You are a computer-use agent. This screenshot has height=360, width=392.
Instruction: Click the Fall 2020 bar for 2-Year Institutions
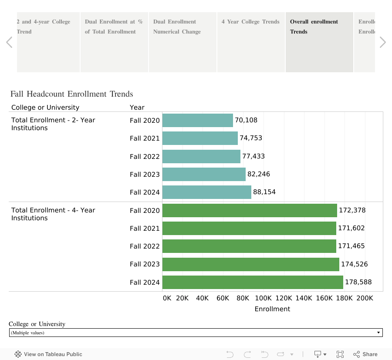tap(197, 121)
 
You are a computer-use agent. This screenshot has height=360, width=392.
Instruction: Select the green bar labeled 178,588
tap(253, 282)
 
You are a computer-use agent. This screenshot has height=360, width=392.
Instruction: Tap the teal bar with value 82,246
tap(204, 174)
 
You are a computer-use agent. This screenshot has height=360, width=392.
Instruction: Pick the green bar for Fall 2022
tap(249, 246)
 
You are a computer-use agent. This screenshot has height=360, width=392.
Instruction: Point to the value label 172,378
tap(352, 210)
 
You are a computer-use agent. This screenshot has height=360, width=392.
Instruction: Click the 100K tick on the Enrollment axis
tap(263, 298)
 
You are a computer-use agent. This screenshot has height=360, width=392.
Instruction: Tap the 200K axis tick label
tap(365, 298)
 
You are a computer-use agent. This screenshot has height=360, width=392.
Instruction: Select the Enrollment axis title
tap(272, 309)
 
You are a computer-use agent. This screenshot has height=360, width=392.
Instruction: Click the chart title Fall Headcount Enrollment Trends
tap(72, 94)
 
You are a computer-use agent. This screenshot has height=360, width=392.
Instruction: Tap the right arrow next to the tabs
tap(382, 42)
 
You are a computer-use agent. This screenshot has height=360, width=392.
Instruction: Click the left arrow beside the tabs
tap(9, 42)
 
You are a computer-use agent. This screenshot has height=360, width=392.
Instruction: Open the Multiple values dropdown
tap(196, 333)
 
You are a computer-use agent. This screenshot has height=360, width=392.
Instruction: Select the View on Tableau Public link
tap(48, 354)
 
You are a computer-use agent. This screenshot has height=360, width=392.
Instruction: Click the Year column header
tap(137, 108)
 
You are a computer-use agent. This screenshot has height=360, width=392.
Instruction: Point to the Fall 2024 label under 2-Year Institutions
tap(145, 192)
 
